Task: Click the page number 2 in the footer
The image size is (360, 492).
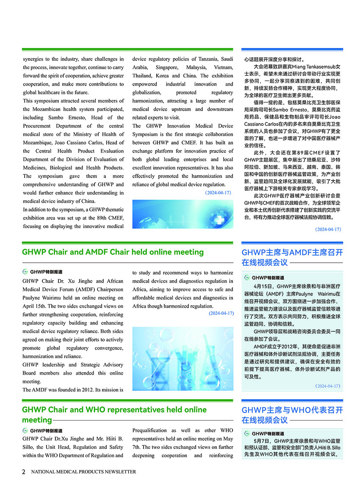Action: point(24,472)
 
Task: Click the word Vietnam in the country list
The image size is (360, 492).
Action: point(224,67)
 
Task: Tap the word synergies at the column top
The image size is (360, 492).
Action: point(36,59)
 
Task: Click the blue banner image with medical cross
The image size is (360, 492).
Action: point(183,214)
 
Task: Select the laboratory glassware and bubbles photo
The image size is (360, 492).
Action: point(183,359)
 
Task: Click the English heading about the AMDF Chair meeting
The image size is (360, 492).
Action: point(113,252)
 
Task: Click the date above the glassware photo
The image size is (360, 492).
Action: point(221,314)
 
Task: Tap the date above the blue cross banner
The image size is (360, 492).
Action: point(218,193)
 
